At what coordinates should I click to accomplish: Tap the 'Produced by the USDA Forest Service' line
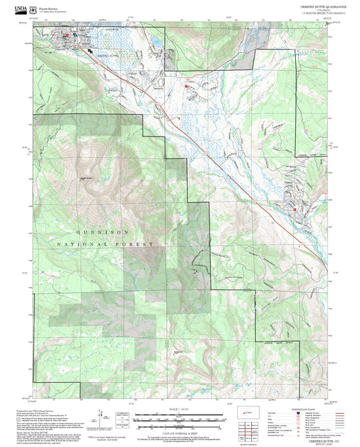click(41, 410)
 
